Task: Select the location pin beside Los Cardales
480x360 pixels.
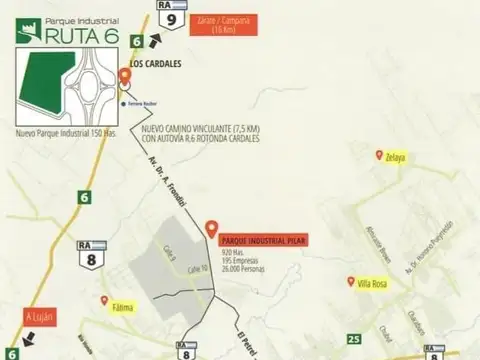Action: [124, 76]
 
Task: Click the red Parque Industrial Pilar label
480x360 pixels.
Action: [263, 238]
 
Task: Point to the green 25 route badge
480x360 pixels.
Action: [352, 340]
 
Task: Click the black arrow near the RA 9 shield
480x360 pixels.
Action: [153, 39]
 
